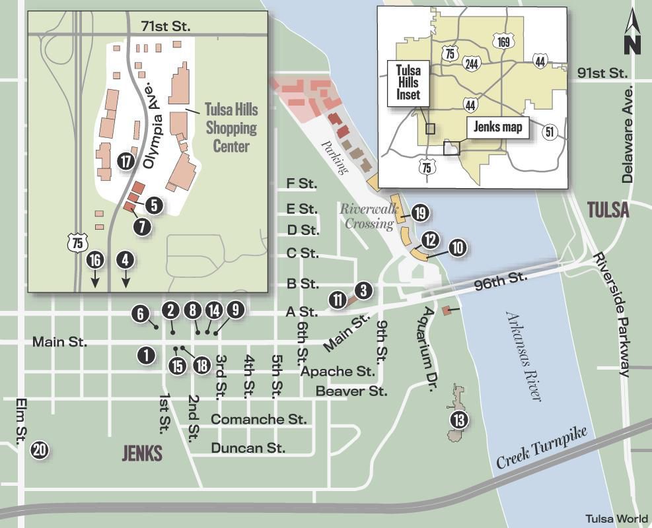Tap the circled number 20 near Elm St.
tap(40, 450)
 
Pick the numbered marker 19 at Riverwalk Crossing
tap(420, 213)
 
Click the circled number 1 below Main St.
tap(146, 354)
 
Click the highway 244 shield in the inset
tap(472, 63)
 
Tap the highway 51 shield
tap(550, 131)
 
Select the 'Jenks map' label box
tap(499, 127)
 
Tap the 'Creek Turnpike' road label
tap(541, 452)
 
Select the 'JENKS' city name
tap(142, 453)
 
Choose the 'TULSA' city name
tap(608, 211)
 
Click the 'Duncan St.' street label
tap(248, 448)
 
